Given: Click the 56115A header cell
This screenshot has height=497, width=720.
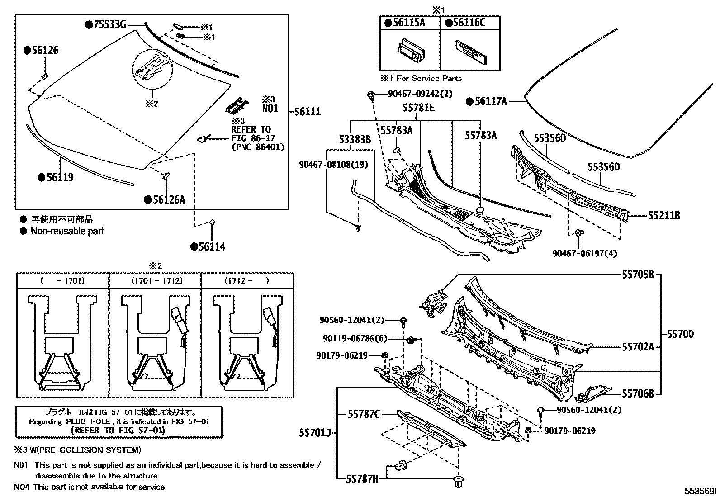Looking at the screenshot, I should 409,23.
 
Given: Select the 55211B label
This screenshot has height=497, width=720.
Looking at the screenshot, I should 663,216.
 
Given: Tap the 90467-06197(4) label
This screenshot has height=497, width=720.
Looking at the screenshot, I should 584,254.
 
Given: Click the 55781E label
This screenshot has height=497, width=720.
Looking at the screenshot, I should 419,108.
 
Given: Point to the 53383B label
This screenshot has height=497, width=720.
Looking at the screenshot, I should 355,140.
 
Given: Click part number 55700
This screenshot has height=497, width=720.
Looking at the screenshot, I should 680,334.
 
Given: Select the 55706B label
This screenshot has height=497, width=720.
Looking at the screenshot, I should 638,394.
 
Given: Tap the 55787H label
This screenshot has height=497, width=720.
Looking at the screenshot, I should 363,478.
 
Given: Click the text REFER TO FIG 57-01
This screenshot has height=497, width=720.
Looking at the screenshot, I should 118,430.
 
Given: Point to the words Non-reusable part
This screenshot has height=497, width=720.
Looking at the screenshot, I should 67,231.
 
